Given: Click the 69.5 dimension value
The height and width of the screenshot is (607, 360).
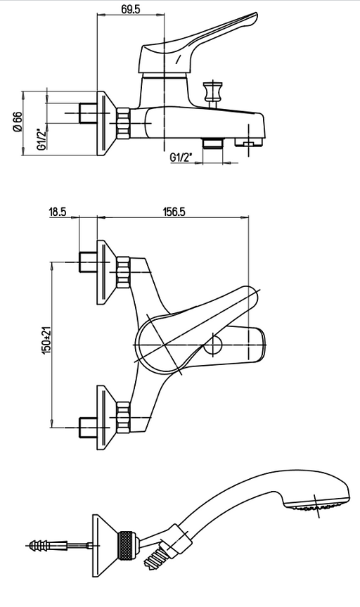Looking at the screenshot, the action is (131, 9).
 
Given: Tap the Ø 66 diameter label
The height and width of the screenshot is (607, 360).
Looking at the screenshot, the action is (18, 122).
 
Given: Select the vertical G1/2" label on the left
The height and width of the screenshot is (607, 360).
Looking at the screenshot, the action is (41, 139).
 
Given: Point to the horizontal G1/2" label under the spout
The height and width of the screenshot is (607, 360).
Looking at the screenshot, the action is (181, 157).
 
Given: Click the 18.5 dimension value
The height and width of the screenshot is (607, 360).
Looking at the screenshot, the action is (57, 212).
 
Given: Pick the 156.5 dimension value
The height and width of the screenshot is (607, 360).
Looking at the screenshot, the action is (173, 212).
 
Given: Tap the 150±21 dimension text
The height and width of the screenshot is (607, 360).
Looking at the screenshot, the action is (46, 340).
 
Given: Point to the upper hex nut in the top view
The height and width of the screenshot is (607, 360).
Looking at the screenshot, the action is (124, 271).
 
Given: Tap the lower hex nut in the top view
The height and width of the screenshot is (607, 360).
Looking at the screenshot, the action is (124, 417).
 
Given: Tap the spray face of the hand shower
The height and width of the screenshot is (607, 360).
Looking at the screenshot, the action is (317, 507).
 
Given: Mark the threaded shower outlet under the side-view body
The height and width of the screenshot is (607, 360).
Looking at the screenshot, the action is (212, 143).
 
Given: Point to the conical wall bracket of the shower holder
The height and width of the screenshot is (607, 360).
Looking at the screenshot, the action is (105, 545).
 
